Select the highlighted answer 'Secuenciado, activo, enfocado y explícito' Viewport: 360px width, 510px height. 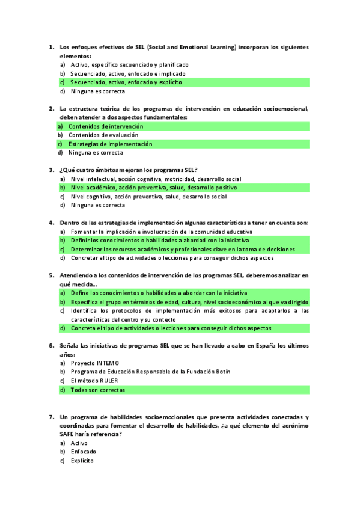point(126,82)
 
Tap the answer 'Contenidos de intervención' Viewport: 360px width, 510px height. point(106,126)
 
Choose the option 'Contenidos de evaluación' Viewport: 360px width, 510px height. point(103,135)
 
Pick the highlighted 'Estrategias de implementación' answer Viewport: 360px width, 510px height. point(110,144)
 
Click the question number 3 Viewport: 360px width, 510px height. point(51,170)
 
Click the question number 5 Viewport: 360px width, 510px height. point(51,275)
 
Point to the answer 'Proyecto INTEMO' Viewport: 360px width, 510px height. point(94,363)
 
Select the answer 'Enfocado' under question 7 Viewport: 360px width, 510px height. point(83,452)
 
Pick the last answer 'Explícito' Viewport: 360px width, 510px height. point(82,461)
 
